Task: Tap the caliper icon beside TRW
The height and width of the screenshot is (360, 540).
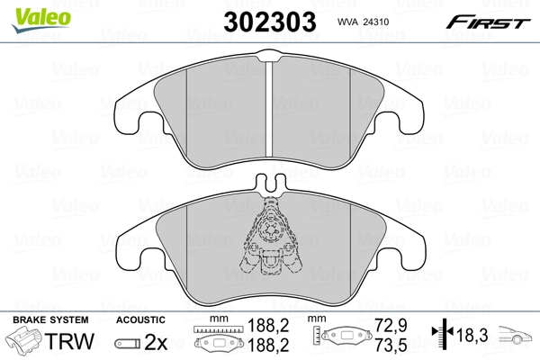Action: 24,343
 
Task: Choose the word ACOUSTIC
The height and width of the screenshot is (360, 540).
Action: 141,319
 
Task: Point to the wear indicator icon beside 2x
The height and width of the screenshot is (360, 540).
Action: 126,343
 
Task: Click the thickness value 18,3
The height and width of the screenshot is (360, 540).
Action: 474,335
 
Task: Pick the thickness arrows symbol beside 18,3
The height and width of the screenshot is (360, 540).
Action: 441,334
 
